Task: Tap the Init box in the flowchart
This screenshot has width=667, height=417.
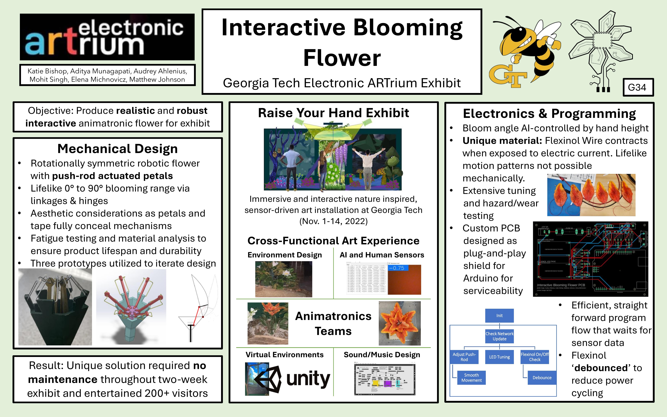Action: tap(499, 316)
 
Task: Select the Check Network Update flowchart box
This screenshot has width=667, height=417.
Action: tap(499, 336)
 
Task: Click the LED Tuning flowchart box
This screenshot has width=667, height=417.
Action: tap(499, 357)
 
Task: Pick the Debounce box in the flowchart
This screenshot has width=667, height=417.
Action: tap(542, 378)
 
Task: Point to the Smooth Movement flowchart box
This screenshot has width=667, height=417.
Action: tap(471, 378)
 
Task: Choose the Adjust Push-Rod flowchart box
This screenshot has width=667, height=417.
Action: tap(464, 357)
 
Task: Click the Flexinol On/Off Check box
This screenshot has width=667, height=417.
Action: tap(535, 357)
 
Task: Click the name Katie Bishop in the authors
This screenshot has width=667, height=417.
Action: tap(47, 71)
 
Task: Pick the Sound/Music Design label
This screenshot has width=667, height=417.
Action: tap(382, 355)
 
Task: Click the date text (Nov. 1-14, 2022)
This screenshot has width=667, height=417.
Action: tap(333, 221)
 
